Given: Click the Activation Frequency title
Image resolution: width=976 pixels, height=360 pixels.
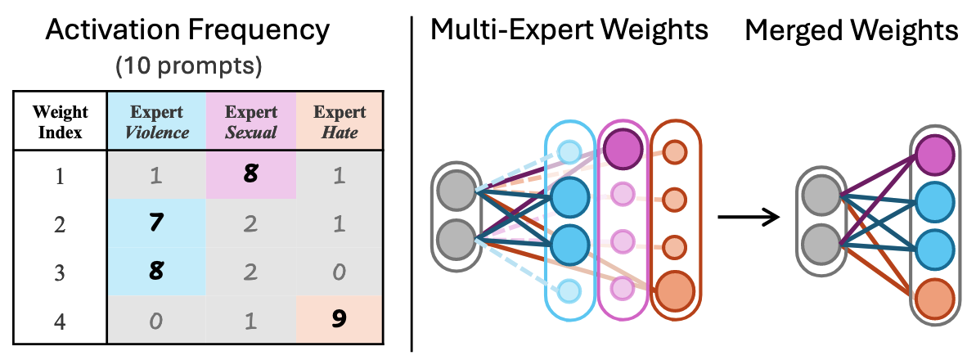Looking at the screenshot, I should coord(188,30).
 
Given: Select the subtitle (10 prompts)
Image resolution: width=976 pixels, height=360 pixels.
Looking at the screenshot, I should coord(188,65).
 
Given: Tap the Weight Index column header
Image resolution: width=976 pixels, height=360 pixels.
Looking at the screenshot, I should coord(61,121).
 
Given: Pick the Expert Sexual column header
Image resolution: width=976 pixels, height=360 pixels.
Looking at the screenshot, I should coord(251,121).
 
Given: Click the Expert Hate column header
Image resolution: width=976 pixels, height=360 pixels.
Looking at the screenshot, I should coord(340,121).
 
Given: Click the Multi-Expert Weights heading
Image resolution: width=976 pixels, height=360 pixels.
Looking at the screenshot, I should coord(569,30).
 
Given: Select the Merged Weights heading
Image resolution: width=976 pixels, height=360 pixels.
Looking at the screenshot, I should coord(851,30).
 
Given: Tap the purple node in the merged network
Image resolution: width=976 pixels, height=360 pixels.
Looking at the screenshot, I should coord(933,154).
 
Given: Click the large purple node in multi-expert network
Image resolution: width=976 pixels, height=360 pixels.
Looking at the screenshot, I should coord(623,148).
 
